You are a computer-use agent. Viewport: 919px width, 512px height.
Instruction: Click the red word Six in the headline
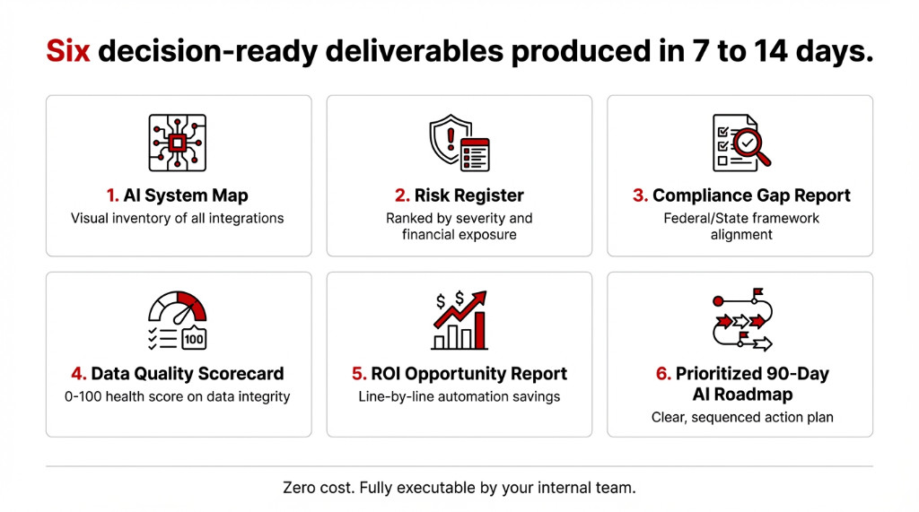pos(68,52)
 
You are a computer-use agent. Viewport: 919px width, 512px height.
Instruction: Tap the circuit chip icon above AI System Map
pos(177,143)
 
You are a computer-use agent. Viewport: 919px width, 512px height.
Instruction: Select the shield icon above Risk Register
pos(451,139)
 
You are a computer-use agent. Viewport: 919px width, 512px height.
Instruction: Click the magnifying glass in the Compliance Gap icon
pos(751,146)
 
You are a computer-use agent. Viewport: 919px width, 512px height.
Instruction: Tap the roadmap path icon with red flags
pos(740,320)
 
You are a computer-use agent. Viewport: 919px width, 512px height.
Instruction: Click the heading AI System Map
pos(179,195)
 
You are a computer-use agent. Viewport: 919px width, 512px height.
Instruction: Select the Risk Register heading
pos(459,195)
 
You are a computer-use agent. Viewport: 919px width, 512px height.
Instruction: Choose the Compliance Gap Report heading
pos(740,195)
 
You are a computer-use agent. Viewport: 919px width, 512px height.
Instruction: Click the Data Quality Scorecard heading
pos(178,373)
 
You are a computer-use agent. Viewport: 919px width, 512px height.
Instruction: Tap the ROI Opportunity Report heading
pos(459,373)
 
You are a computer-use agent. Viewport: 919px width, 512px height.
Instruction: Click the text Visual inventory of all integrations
pos(178,218)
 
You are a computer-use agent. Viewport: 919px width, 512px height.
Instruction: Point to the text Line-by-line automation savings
pos(459,396)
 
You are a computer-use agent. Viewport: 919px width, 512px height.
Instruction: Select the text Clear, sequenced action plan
pos(740,417)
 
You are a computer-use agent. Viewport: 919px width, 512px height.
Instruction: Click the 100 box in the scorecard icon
pos(194,339)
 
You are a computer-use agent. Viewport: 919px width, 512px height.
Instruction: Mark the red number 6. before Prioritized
pos(663,373)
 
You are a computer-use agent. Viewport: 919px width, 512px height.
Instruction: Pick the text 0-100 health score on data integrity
pos(178,396)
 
